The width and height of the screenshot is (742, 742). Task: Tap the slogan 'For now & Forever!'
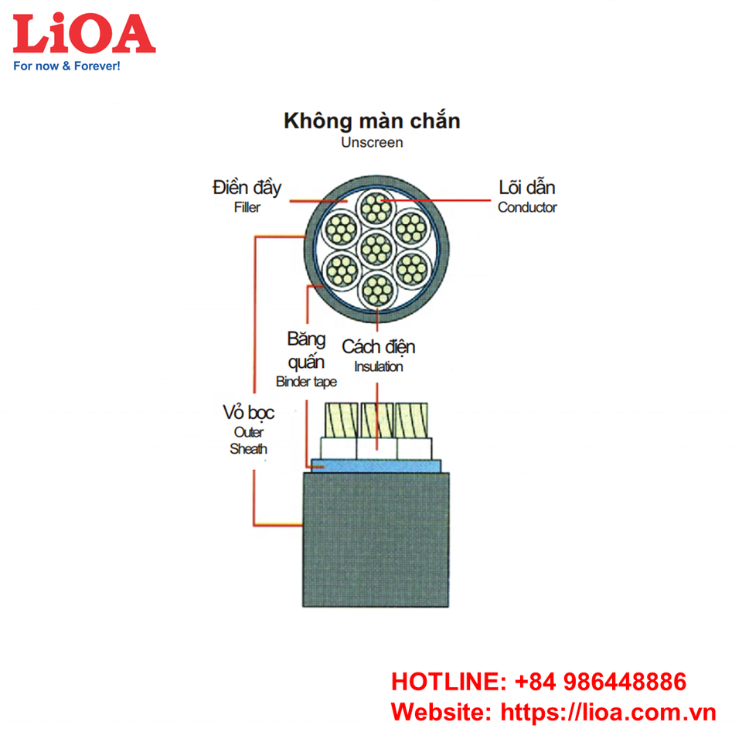pyautogui.click(x=67, y=66)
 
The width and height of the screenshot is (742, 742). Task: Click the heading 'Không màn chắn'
pyautogui.click(x=372, y=121)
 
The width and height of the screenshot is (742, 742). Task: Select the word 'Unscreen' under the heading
pyautogui.click(x=372, y=143)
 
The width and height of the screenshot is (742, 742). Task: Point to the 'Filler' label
pyautogui.click(x=247, y=208)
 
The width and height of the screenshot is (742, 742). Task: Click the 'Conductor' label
pyautogui.click(x=527, y=207)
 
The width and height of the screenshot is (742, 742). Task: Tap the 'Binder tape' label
pyautogui.click(x=306, y=382)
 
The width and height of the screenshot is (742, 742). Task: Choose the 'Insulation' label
pyautogui.click(x=379, y=366)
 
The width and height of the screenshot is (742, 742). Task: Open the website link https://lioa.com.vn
pyautogui.click(x=609, y=712)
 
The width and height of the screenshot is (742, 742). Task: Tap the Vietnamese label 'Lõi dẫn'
pyautogui.click(x=527, y=188)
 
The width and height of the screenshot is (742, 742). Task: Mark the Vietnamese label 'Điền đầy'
pyautogui.click(x=247, y=188)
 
